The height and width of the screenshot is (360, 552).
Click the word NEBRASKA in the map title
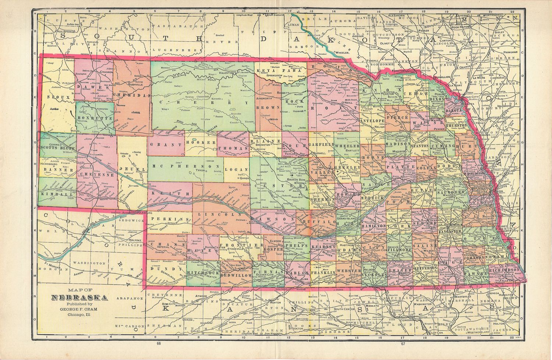(x=79, y=298)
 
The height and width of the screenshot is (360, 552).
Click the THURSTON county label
(x=456, y=125)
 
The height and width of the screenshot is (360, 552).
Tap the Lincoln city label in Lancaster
(x=456, y=225)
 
